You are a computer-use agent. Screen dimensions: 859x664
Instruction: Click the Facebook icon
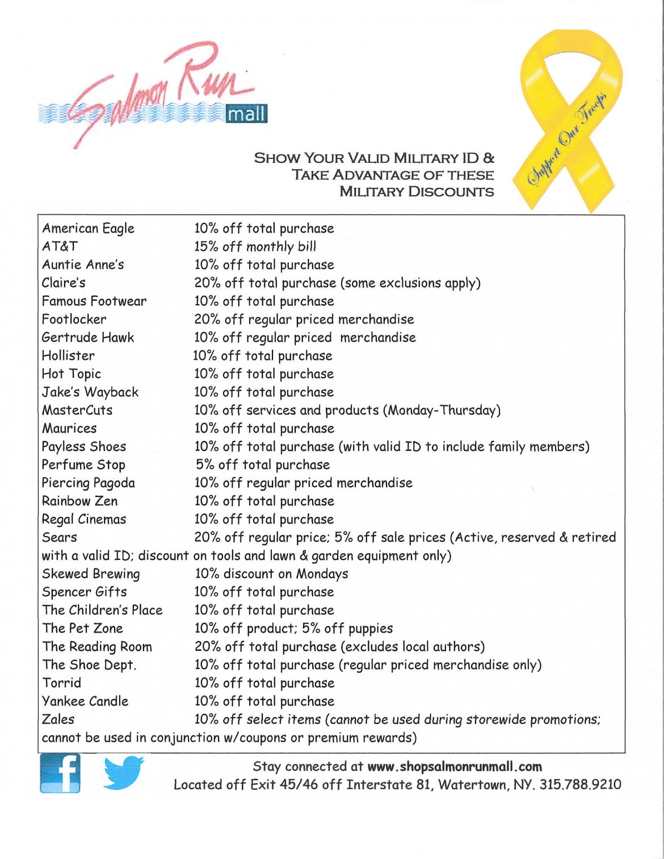pyautogui.click(x=60, y=773)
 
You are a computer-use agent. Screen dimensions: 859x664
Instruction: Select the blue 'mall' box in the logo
pyautogui.click(x=246, y=114)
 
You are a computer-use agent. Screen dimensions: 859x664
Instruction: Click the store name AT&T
pyautogui.click(x=60, y=247)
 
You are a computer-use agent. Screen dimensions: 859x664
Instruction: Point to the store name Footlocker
pyautogui.click(x=74, y=319)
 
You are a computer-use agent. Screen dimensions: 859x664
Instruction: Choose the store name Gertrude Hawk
pyautogui.click(x=88, y=338)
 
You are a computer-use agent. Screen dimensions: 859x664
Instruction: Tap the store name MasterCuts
pyautogui.click(x=77, y=410)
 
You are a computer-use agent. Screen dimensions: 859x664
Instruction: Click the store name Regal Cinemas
pyautogui.click(x=84, y=519)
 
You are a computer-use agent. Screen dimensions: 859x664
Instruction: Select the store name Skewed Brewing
pyautogui.click(x=91, y=574)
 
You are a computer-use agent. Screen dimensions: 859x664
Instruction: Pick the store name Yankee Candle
pyautogui.click(x=85, y=701)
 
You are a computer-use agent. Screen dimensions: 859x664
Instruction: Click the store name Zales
pyautogui.click(x=58, y=719)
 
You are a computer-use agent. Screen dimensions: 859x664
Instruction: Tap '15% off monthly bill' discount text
pyautogui.click(x=255, y=247)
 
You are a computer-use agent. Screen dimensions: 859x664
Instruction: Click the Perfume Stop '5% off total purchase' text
pyautogui.click(x=263, y=465)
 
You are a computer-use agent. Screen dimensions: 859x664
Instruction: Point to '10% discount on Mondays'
pyautogui.click(x=271, y=574)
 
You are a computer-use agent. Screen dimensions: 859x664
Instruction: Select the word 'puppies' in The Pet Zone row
pyautogui.click(x=371, y=629)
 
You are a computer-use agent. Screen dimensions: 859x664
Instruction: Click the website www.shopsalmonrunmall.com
pyautogui.click(x=455, y=767)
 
